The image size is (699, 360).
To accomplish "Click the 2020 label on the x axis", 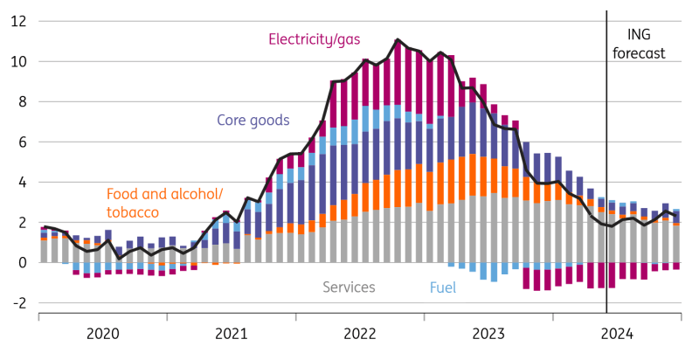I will point(103,333).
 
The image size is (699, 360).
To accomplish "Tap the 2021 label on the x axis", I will point(232,333).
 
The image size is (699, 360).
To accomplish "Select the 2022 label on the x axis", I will point(360,333).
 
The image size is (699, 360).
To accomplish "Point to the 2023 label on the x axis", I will point(488,333).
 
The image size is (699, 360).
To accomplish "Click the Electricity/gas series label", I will point(315,39).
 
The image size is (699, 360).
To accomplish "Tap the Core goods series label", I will point(253,120).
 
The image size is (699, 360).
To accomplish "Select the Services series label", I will point(349,287).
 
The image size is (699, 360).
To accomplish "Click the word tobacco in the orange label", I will point(133,212).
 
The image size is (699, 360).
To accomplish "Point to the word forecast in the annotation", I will point(640,53).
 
